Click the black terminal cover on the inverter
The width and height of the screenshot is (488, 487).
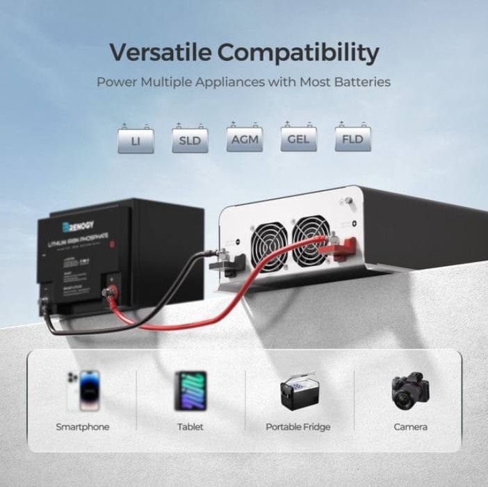tap(234, 261)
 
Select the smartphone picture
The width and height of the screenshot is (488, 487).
tap(82, 392)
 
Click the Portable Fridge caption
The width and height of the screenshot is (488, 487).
tap(298, 427)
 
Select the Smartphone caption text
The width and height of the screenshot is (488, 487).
tap(82, 427)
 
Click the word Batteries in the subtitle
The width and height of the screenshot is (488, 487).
tap(361, 82)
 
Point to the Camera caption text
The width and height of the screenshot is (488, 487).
tap(410, 427)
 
